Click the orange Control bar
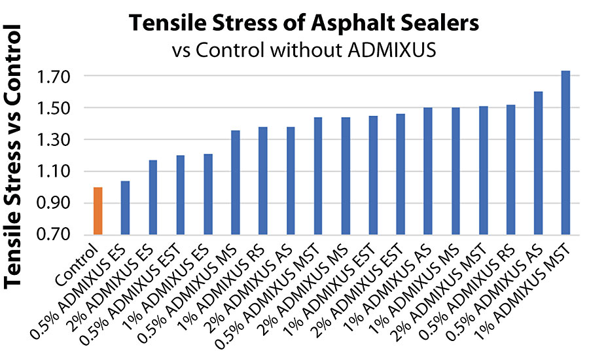(x=98, y=211)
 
